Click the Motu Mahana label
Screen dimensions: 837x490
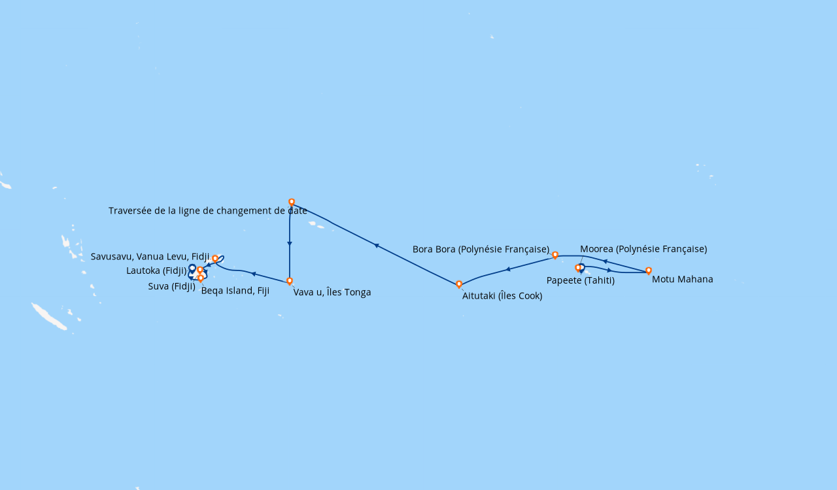point(682,280)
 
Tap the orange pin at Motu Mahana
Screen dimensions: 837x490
point(649,270)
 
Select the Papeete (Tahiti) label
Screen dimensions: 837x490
point(580,280)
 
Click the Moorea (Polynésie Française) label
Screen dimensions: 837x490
point(643,249)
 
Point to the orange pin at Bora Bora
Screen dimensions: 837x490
point(555,255)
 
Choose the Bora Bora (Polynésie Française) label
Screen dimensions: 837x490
point(481,250)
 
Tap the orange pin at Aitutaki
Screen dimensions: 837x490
point(459,284)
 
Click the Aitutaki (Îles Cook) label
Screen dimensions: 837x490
point(502,296)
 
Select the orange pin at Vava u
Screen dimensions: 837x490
point(290,281)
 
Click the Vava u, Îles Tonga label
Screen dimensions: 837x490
point(332,293)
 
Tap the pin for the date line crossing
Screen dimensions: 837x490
point(292,202)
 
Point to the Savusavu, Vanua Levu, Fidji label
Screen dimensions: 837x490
point(150,257)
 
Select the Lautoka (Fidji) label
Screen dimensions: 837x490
point(156,270)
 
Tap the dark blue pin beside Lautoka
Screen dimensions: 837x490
point(192,268)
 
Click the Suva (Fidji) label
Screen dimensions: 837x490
point(171,287)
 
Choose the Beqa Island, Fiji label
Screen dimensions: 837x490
point(235,291)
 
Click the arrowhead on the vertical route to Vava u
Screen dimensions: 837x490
point(290,244)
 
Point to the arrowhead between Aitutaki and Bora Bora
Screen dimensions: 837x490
point(508,269)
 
